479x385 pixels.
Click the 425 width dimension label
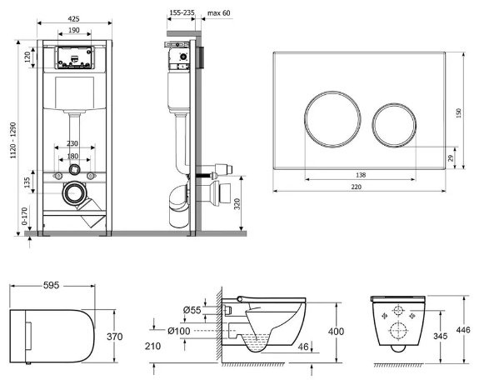(73, 18)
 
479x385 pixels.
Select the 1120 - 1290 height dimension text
(13, 140)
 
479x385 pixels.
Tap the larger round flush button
(332, 119)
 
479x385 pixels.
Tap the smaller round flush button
(394, 125)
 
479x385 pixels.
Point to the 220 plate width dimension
(357, 187)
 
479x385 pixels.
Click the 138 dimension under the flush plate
(361, 175)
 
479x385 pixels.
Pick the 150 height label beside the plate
(458, 113)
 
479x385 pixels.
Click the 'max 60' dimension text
(219, 13)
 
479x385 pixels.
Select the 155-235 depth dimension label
(182, 12)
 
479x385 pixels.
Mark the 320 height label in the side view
(237, 204)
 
